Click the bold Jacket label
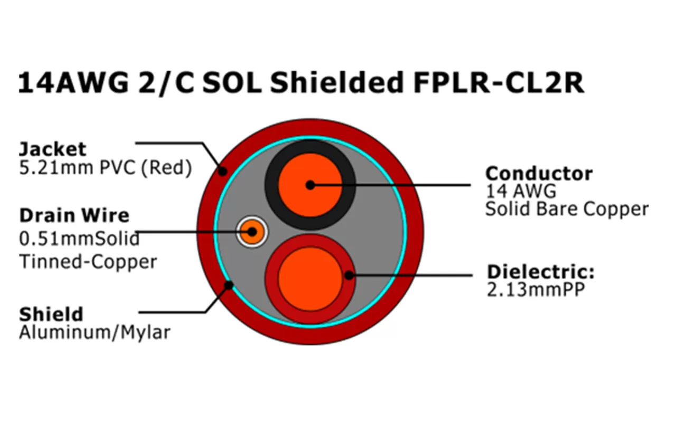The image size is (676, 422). [52, 148]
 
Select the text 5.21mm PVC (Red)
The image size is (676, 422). [105, 168]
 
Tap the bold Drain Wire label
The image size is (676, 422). [74, 215]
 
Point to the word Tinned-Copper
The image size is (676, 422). [88, 261]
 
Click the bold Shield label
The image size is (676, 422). [51, 314]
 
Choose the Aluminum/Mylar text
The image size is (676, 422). [95, 333]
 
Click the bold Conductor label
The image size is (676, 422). [539, 173]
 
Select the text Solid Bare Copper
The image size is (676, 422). [566, 209]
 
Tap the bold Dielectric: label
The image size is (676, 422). [540, 272]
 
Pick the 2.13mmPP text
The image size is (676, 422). [535, 290]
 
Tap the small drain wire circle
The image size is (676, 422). [252, 232]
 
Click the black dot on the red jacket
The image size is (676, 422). [222, 171]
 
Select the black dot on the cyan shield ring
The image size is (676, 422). [229, 285]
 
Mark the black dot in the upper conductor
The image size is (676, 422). [310, 185]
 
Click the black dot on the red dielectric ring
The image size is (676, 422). [349, 275]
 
